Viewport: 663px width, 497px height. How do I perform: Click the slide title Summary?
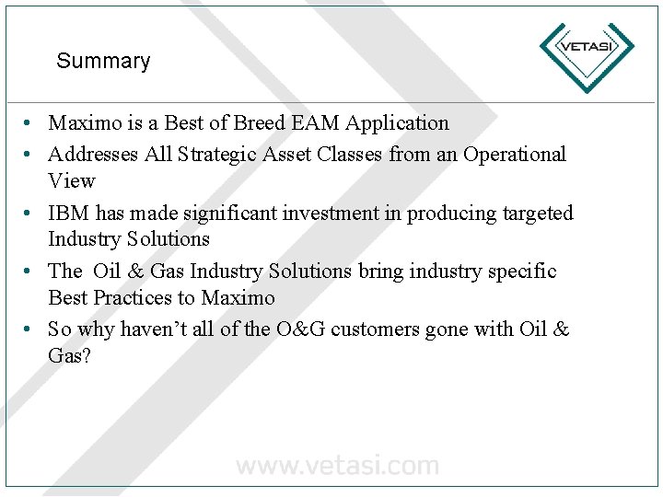pos(103,62)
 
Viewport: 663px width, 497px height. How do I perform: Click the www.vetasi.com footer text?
pos(337,466)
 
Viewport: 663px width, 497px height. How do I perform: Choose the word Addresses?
pos(93,155)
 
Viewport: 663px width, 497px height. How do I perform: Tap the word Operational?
pos(515,155)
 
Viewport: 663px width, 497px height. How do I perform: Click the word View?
pos(72,180)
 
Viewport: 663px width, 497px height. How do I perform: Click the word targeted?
pos(538,214)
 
